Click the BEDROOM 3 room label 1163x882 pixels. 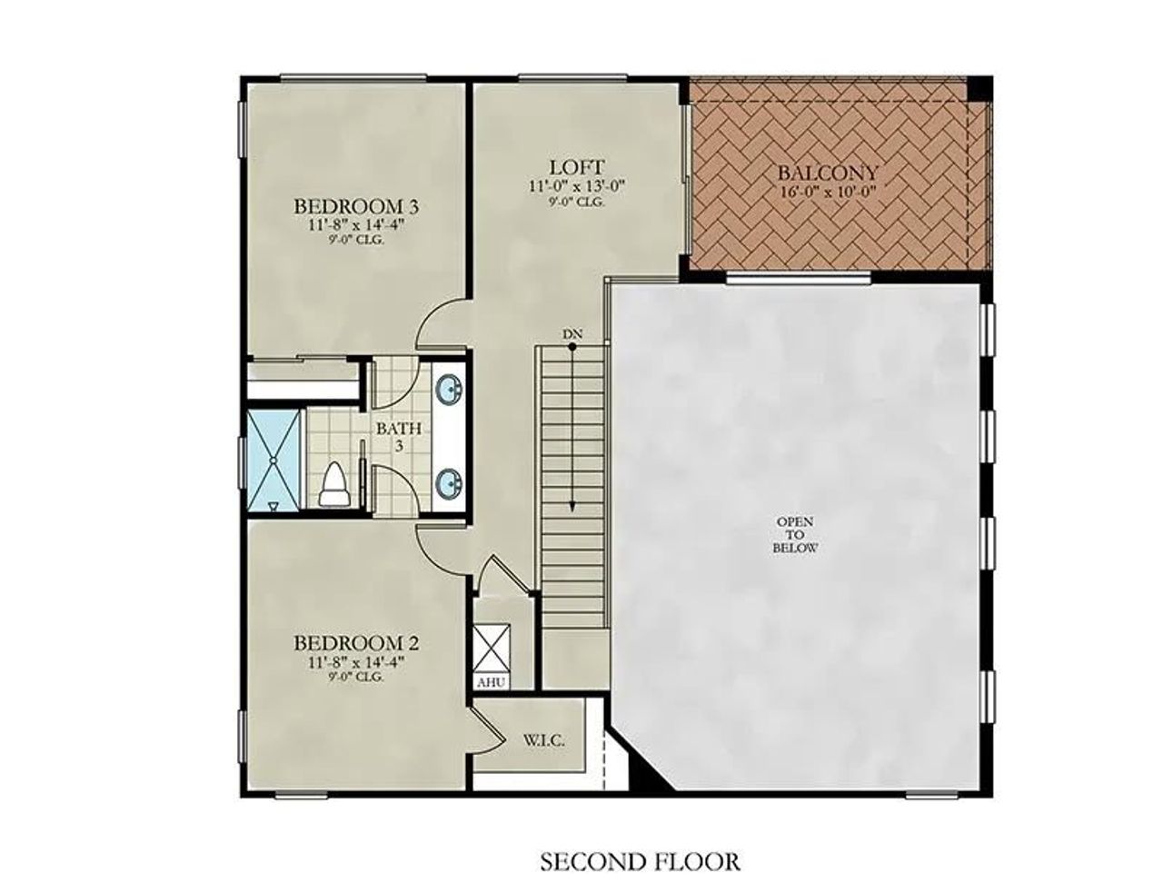(x=355, y=206)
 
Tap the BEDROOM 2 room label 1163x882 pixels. (x=355, y=643)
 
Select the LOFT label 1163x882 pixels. (x=576, y=167)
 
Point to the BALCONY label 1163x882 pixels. (x=828, y=173)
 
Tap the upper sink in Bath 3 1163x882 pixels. (x=450, y=390)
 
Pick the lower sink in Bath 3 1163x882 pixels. (x=450, y=482)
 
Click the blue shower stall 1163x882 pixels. (x=273, y=461)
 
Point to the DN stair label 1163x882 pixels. (x=572, y=335)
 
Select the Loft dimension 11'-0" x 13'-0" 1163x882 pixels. (x=576, y=186)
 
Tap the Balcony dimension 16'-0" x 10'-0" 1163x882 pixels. (x=828, y=192)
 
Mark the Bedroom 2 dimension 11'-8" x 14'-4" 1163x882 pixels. (x=355, y=661)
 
